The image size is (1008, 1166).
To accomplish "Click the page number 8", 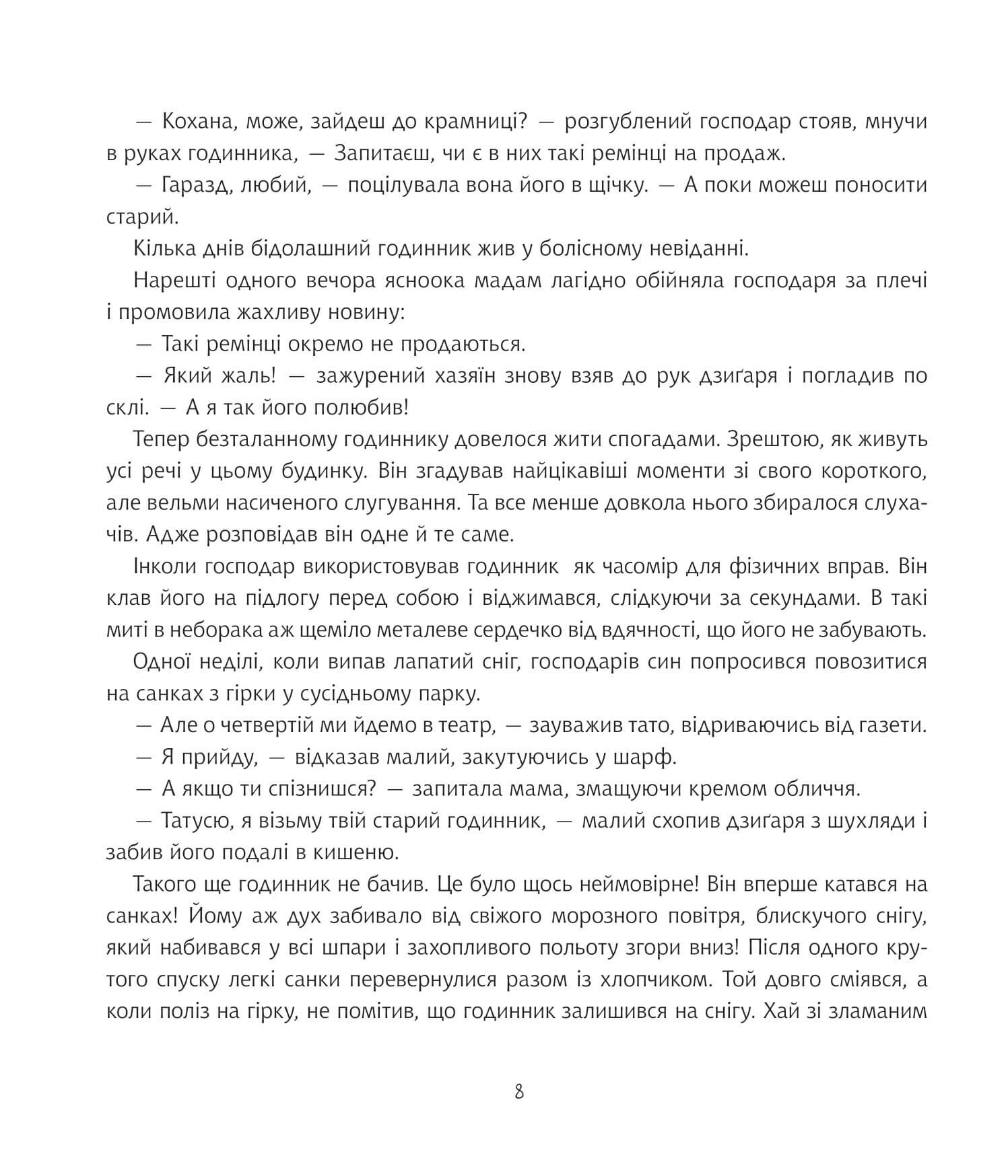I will tap(518, 1091).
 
